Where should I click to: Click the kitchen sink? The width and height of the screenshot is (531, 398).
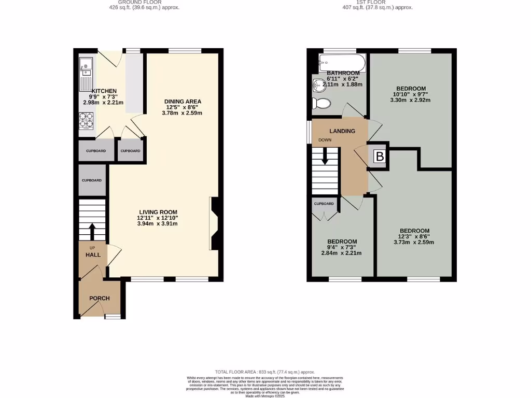click(x=86, y=66)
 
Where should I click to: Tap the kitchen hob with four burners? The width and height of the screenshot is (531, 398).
click(x=86, y=121)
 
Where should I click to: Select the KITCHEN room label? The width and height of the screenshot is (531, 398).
click(x=104, y=91)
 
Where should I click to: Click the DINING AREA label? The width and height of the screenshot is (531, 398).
click(x=183, y=101)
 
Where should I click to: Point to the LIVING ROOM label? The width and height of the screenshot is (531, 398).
click(x=158, y=212)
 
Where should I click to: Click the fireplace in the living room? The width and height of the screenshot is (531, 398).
click(x=214, y=224)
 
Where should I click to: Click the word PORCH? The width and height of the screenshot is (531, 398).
click(x=99, y=298)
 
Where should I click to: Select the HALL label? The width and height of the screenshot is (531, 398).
click(x=93, y=255)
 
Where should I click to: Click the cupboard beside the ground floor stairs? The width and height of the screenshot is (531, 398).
click(x=92, y=180)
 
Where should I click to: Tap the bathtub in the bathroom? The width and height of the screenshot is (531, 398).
click(x=342, y=64)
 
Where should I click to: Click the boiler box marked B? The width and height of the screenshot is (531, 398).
click(x=380, y=156)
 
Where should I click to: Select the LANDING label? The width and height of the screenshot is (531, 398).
click(x=342, y=131)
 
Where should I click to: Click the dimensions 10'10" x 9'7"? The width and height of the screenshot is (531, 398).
click(x=411, y=94)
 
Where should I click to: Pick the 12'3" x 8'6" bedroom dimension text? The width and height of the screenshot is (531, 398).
click(x=414, y=237)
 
